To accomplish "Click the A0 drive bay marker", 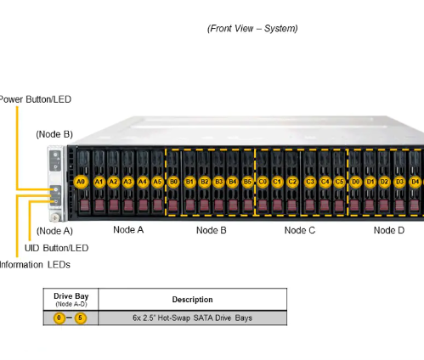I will [82, 182].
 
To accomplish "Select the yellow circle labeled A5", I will [157, 182].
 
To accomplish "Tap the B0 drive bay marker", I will [173, 182].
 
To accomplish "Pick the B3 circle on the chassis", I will [218, 182].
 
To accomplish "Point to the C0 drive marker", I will [263, 182].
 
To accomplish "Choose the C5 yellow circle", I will [339, 182].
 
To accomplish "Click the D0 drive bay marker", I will [356, 182].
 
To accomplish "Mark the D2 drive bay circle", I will [384, 182].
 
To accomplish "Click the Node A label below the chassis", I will [128, 230].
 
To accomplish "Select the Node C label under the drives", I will [300, 230].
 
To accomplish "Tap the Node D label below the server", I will [388, 230].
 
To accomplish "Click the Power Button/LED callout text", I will [35, 99].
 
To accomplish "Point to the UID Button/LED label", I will [56, 248].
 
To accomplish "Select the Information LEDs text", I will [36, 263].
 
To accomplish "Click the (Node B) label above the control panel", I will [54, 134].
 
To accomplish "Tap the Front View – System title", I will [252, 29].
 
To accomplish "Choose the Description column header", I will [192, 300].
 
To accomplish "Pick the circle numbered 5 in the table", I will [81, 318].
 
